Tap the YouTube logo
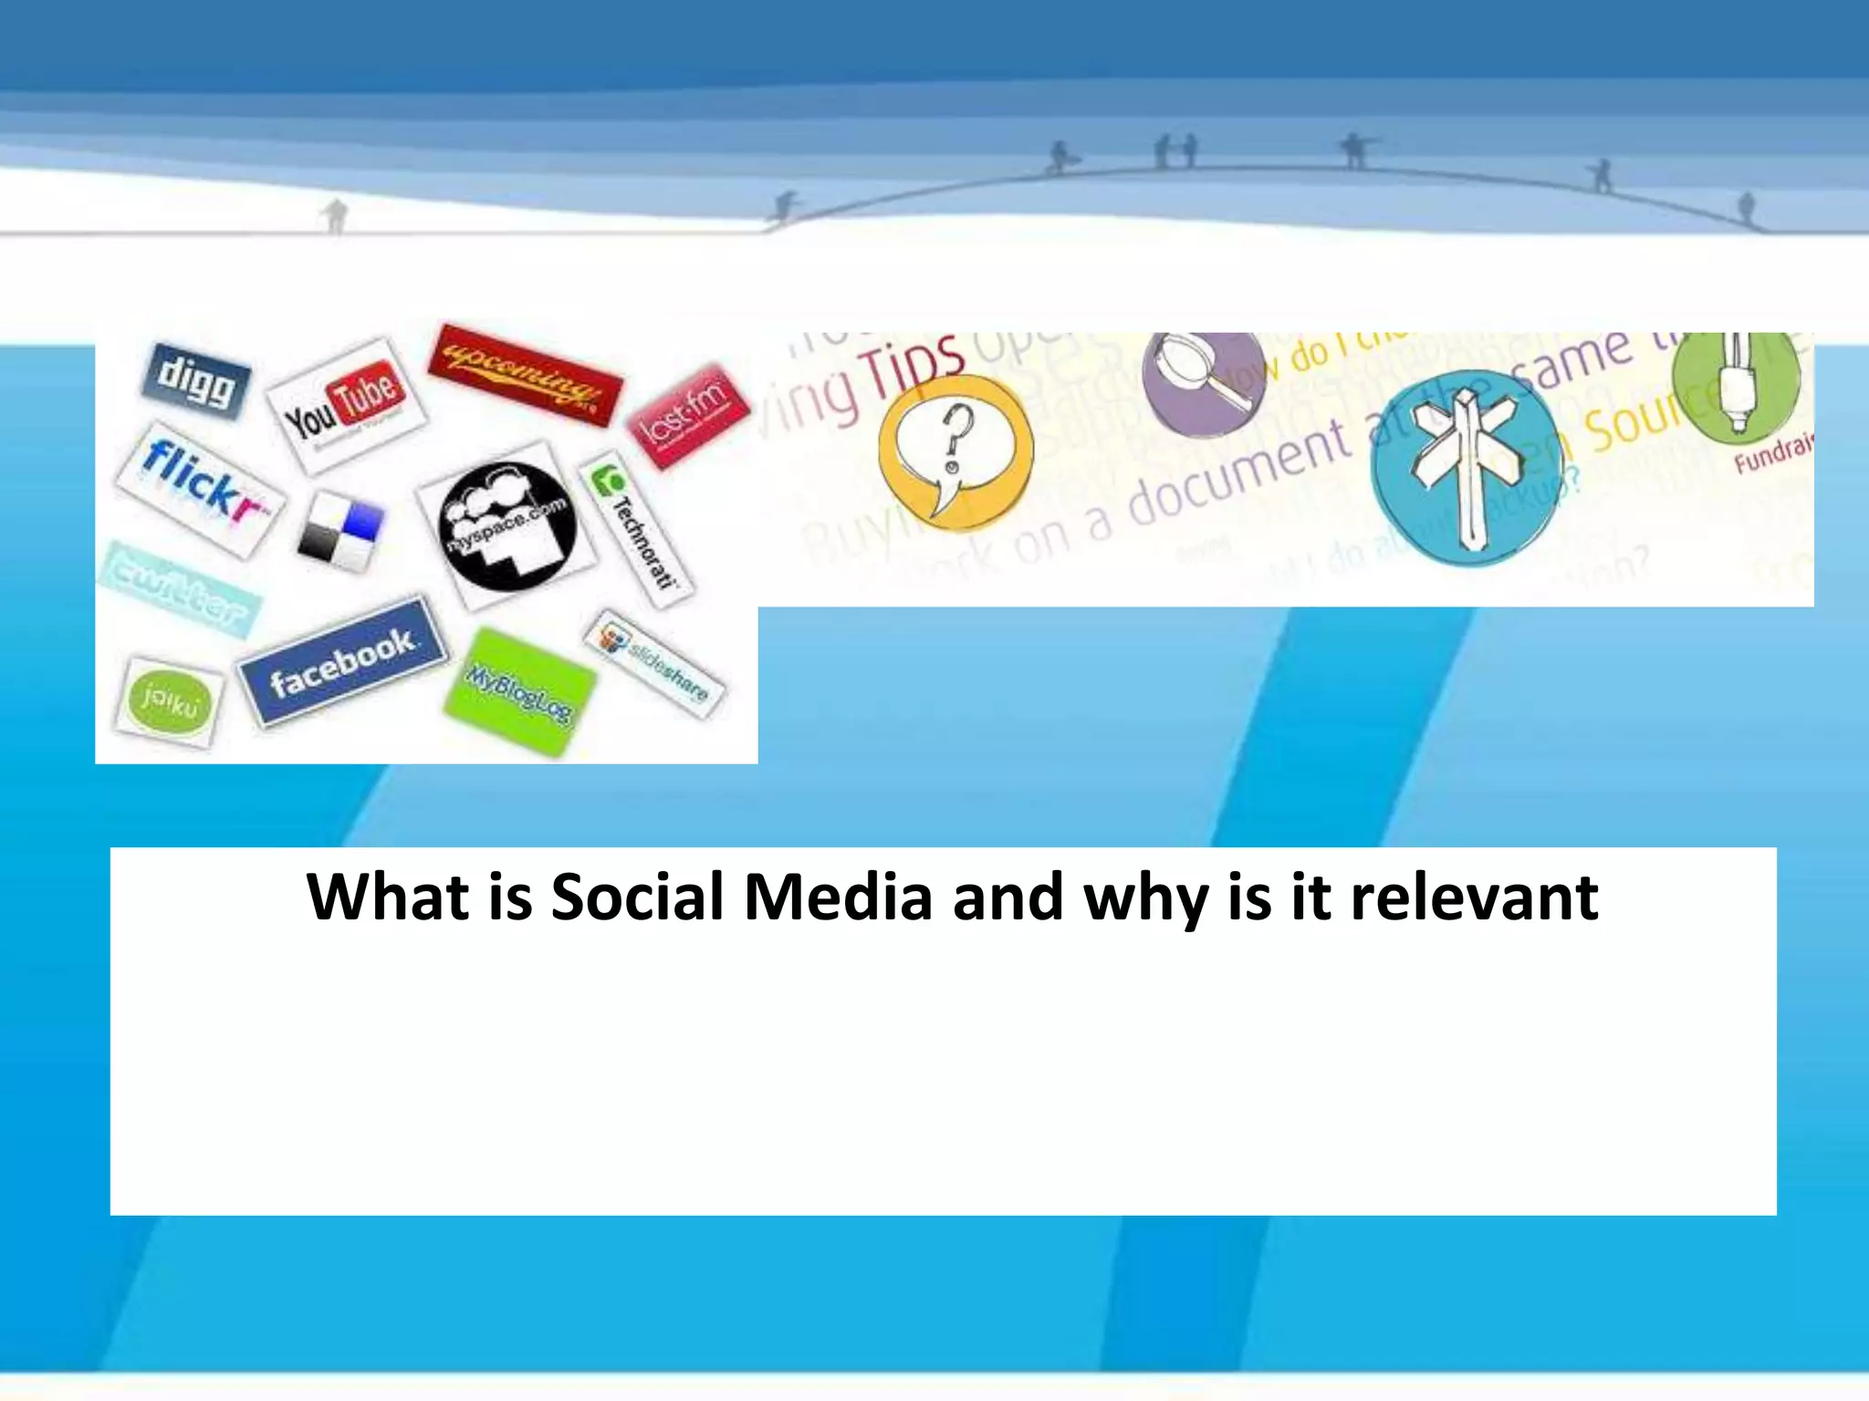(346, 406)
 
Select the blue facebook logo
(343, 662)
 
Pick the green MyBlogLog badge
(519, 692)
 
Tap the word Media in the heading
(838, 897)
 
